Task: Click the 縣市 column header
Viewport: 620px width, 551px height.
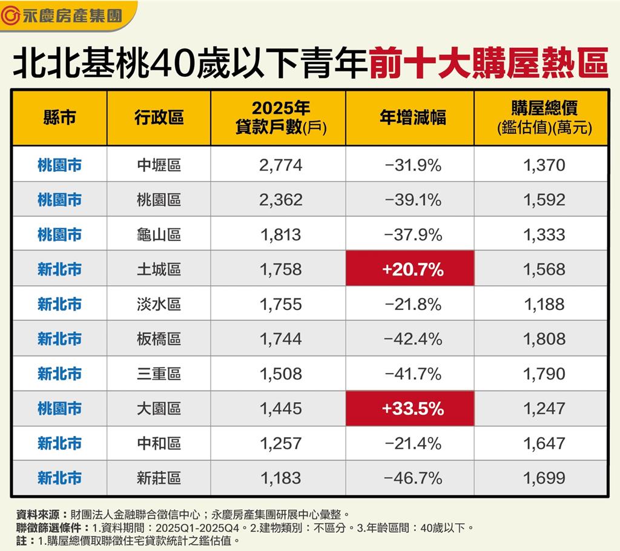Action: click(59, 117)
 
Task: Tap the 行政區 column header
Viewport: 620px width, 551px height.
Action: click(159, 117)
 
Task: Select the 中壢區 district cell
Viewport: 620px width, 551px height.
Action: click(159, 165)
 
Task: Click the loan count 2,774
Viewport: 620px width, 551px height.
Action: click(280, 165)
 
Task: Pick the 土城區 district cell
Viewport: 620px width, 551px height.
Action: click(159, 269)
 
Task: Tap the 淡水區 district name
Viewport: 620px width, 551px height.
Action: click(159, 304)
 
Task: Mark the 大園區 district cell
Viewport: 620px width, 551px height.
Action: click(159, 409)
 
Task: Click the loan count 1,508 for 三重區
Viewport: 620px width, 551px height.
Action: click(280, 374)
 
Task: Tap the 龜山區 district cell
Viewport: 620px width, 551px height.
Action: click(159, 234)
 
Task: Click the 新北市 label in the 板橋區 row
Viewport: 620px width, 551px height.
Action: click(59, 339)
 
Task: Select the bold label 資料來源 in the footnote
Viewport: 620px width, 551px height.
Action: click(38, 514)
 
